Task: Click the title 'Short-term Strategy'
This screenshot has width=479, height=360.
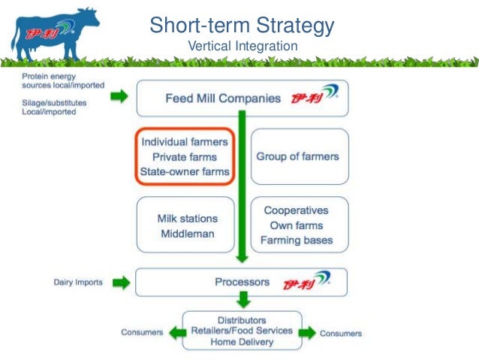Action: click(x=242, y=26)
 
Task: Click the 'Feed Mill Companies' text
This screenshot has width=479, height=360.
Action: click(x=223, y=98)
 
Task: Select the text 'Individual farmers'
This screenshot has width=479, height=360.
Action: click(x=184, y=141)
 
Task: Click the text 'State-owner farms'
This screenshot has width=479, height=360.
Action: click(x=184, y=171)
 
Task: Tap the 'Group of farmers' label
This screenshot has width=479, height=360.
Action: click(x=297, y=156)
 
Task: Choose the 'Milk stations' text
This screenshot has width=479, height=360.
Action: click(x=187, y=219)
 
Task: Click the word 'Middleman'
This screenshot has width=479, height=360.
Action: click(x=187, y=234)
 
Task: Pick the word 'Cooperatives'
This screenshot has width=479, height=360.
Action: click(x=296, y=210)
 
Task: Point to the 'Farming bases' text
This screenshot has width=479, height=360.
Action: click(x=296, y=241)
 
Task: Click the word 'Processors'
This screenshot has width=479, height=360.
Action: click(x=242, y=283)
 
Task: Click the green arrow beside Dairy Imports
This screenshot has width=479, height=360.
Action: click(x=119, y=283)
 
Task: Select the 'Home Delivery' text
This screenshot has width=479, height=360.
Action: click(x=242, y=342)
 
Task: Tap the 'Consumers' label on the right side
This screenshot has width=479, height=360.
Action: click(x=340, y=333)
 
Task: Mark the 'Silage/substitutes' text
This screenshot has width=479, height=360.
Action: click(x=54, y=101)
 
